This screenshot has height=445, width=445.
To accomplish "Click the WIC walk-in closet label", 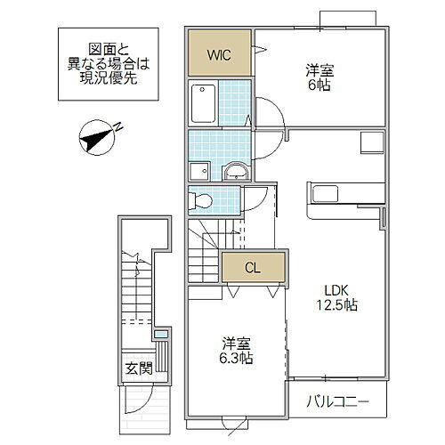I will point(220,54).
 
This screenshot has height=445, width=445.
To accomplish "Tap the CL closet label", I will point(254,266).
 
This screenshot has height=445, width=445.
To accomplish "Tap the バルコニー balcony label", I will point(339,400).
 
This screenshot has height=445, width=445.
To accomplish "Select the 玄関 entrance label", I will point(137,368).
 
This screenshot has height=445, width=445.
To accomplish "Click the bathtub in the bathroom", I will point(205,102).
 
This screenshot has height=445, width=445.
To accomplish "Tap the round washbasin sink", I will point(236,170).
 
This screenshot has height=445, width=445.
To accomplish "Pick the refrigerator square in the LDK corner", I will point(370,142).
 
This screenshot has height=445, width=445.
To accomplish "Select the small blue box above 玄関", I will point(160,335).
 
